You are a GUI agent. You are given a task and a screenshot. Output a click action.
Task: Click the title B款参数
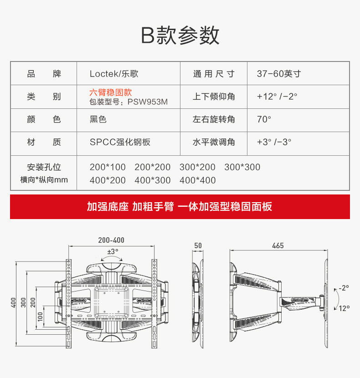click(x=180, y=35)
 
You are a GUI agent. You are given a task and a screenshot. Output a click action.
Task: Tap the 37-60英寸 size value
click(x=278, y=74)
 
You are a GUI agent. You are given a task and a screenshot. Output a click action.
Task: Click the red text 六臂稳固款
click(x=111, y=92)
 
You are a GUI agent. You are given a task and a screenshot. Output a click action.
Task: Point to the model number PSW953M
click(x=148, y=102)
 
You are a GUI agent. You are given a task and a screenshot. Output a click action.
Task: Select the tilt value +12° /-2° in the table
click(x=277, y=97)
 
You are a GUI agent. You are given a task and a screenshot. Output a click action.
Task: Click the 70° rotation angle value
click(x=264, y=119)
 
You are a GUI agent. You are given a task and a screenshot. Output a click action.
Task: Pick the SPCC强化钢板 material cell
click(x=120, y=142)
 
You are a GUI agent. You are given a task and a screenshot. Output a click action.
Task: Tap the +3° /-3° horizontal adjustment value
click(x=273, y=142)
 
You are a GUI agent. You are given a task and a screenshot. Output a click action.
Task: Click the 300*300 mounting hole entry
click(x=242, y=167)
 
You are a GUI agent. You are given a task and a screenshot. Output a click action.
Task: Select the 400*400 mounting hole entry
click(x=197, y=180)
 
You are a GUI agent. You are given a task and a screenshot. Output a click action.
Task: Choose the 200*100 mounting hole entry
click(x=108, y=167)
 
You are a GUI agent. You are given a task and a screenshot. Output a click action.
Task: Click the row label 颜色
click(x=44, y=119)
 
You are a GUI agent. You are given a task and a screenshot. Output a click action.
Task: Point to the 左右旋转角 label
click(x=214, y=119)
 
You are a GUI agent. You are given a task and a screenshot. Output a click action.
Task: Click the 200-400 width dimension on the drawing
click(x=111, y=240)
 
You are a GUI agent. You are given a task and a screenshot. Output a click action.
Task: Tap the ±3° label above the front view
click(x=113, y=251)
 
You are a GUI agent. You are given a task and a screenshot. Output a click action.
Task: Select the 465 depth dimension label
click(x=278, y=245)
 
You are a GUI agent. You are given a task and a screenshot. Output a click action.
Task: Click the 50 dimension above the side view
click(x=198, y=245)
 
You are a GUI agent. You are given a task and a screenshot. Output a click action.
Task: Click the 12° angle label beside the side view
click(x=344, y=308)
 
